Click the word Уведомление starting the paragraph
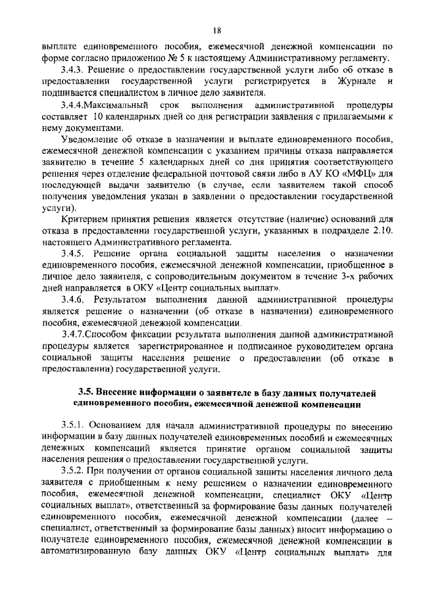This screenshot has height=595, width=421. coord(90,141)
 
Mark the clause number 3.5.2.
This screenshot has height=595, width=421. coord(72,472)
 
